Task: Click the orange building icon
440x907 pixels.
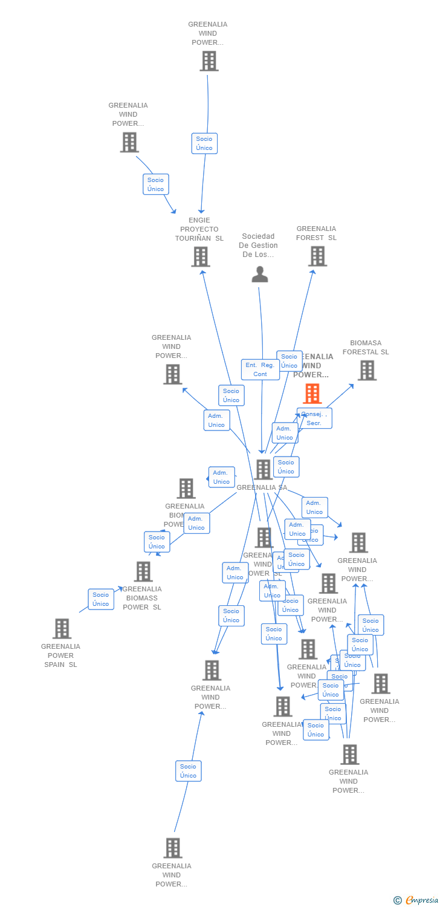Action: click(312, 394)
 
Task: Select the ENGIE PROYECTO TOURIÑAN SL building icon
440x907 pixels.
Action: click(200, 257)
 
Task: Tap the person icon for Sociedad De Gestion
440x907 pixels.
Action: click(260, 275)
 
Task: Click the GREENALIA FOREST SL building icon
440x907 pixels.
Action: click(317, 256)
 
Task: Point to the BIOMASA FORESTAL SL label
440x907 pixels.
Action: click(366, 347)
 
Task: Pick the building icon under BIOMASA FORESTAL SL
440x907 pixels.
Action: click(367, 371)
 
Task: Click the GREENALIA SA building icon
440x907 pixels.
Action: click(264, 470)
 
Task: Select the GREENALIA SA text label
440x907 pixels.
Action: click(262, 487)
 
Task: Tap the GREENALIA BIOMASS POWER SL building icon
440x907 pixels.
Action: click(143, 571)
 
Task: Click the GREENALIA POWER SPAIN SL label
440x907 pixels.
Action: click(60, 655)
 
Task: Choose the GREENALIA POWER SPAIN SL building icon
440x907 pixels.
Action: click(62, 629)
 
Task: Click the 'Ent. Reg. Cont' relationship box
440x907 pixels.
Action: click(260, 369)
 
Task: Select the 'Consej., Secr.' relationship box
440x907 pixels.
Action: click(314, 418)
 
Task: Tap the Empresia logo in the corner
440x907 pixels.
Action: click(416, 900)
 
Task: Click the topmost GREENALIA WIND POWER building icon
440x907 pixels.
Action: click(209, 61)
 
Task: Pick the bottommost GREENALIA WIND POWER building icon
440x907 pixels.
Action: click(173, 848)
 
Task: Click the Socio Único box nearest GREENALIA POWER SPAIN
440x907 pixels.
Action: click(101, 599)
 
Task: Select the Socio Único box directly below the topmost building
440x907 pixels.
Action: click(204, 143)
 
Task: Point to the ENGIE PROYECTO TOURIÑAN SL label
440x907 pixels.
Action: click(199, 229)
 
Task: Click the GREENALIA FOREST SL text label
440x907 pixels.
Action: click(316, 233)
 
